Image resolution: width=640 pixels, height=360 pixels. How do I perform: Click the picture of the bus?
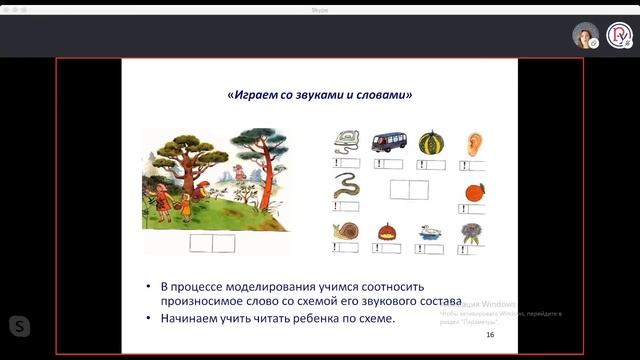pyautogui.click(x=389, y=141)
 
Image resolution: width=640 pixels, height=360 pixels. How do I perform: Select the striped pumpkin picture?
pyautogui.click(x=429, y=141)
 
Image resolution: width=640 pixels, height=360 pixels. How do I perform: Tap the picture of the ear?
pyautogui.click(x=474, y=143)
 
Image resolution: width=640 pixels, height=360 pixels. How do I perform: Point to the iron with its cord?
pyautogui.click(x=346, y=141)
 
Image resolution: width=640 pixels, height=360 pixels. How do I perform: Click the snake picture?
pyautogui.click(x=346, y=185)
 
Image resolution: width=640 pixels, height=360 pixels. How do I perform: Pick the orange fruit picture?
pyautogui.click(x=474, y=191)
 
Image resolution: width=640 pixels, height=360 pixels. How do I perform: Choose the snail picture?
pyautogui.click(x=346, y=232)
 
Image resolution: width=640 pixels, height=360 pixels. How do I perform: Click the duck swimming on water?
pyautogui.click(x=431, y=232)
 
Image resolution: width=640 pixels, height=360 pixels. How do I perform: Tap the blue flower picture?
pyautogui.click(x=471, y=232)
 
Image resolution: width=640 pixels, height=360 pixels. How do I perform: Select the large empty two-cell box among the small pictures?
pyautogui.click(x=409, y=190)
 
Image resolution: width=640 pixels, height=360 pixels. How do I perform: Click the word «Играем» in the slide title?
pyautogui.click(x=251, y=96)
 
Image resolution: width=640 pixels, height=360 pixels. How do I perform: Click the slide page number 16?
pyautogui.click(x=490, y=335)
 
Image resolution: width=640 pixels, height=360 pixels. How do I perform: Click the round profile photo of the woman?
pyautogui.click(x=585, y=36)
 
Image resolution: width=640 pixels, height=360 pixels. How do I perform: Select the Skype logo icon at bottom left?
pyautogui.click(x=19, y=325)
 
